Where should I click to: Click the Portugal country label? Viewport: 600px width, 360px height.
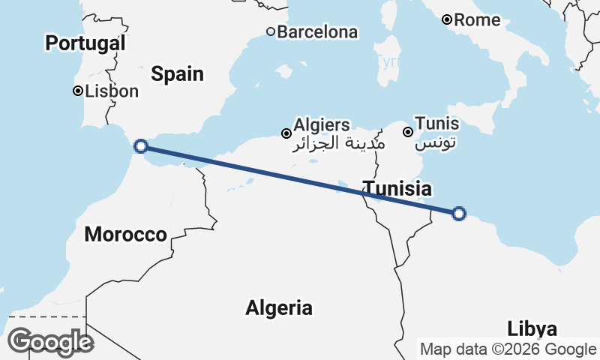tap(85, 43)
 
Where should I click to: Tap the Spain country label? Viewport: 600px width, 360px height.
tap(177, 73)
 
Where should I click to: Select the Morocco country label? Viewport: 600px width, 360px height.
tap(125, 234)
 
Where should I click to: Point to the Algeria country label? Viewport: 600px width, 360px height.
tap(279, 307)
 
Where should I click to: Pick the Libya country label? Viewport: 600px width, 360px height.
tap(532, 328)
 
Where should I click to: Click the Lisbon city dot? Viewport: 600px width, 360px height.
tap(77, 91)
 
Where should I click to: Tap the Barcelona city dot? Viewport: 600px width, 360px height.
tap(271, 31)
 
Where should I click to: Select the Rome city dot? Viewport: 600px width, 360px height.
tap(446, 19)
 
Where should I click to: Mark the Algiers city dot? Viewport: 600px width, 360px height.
tap(286, 133)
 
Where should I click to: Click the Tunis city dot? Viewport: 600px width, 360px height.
tap(407, 132)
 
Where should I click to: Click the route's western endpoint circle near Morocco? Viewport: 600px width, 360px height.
tap(140, 146)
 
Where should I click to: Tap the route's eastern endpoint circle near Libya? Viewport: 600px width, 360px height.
tap(459, 214)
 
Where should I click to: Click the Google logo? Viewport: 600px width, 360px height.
tap(50, 342)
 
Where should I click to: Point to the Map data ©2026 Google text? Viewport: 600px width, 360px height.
tap(508, 349)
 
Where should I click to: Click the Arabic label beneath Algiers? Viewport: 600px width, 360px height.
tap(338, 142)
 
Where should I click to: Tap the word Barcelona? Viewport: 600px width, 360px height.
tap(318, 32)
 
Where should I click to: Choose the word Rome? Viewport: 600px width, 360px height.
tap(477, 20)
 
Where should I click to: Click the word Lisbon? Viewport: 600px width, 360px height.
tap(112, 91)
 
